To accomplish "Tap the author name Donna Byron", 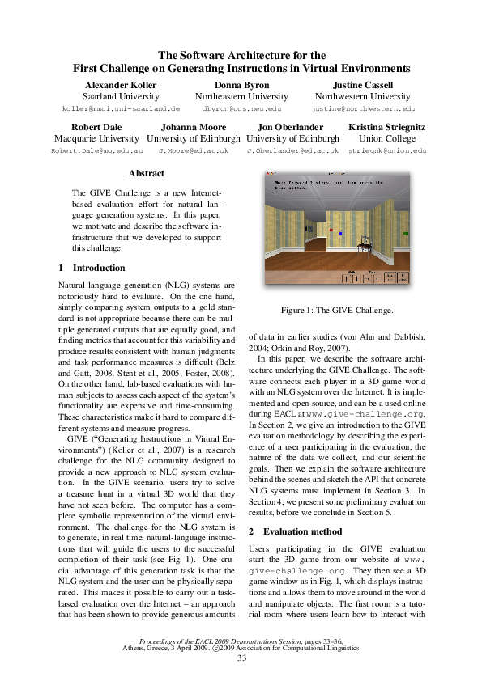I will point(241,85).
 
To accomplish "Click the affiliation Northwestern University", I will point(362,96).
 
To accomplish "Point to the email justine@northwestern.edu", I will point(362,108).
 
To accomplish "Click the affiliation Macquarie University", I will point(96,138).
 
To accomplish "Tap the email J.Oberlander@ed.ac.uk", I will point(292,150).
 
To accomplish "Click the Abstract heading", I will point(147,173).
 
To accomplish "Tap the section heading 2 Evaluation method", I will point(295,531).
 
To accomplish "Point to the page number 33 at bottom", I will point(241,658).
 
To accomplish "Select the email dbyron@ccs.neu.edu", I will point(241,108).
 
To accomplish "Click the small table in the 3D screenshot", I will point(365,240).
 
